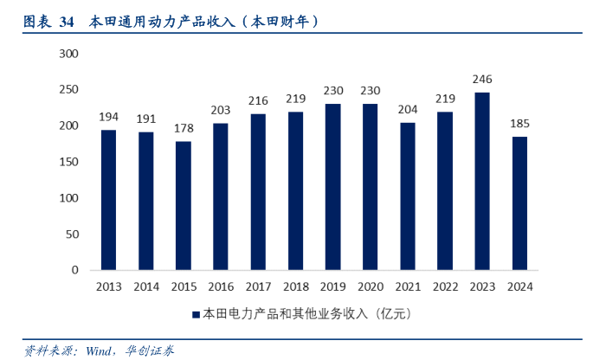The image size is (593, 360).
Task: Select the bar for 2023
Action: coord(482,181)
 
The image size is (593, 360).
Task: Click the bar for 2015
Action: coord(183,206)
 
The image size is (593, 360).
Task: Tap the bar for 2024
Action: coord(519,203)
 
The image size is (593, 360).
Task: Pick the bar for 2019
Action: coord(332,187)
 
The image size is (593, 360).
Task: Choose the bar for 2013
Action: coord(108,200)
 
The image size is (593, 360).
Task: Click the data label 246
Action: coord(482,80)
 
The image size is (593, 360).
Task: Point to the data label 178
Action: coord(183,129)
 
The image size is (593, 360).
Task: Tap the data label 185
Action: coord(519,124)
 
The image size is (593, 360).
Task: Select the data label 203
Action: coord(221,111)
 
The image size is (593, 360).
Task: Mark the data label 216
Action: coord(258,101)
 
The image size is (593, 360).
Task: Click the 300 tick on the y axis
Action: coord(68,54)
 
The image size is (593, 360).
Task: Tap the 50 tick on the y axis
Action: coord(72,234)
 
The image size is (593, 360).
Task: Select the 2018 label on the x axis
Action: coord(295,286)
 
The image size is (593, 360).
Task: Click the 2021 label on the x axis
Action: coord(408,286)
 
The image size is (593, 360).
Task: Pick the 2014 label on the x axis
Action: coord(145,286)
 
